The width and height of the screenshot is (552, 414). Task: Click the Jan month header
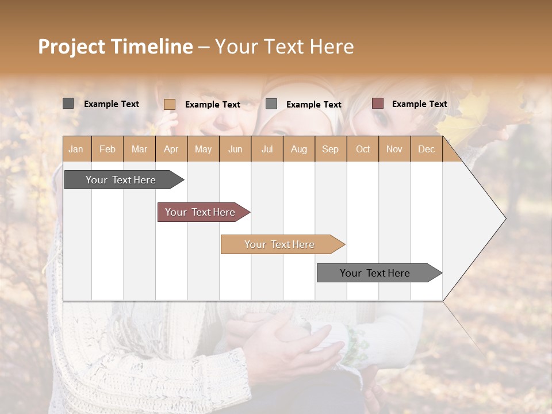point(76,149)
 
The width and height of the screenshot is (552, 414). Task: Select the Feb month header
point(108,149)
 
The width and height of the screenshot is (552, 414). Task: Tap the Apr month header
point(171,149)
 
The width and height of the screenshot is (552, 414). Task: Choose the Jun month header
point(235,149)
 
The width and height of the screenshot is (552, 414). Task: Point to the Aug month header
point(298,149)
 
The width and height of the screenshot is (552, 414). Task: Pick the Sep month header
point(330,149)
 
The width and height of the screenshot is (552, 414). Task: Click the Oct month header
point(363,149)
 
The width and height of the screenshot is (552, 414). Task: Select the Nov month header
point(394,149)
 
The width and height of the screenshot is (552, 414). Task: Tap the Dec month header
point(426,149)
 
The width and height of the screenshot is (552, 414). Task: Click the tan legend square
point(170,104)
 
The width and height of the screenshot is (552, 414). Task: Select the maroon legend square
point(378,103)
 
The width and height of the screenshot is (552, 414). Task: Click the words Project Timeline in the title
point(116,47)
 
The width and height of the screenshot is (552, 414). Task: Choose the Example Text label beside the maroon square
point(419,104)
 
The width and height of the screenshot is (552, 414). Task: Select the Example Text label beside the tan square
point(212,105)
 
